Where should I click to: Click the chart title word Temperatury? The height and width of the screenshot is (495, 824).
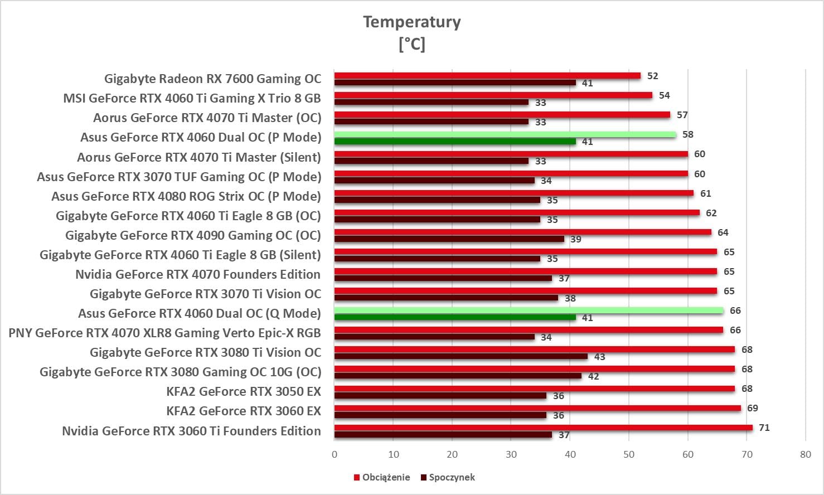click(x=412, y=22)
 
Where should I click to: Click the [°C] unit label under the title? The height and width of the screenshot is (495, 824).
click(x=412, y=44)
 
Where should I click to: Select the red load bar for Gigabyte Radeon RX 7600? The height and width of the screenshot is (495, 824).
click(x=487, y=76)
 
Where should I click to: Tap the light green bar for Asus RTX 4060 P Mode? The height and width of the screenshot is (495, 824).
click(x=505, y=134)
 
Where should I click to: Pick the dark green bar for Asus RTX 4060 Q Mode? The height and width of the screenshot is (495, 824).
click(x=455, y=317)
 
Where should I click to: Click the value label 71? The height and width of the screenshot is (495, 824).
click(x=764, y=428)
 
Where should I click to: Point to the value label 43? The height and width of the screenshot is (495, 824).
click(x=599, y=357)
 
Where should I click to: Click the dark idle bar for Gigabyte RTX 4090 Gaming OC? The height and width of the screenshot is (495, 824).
click(x=449, y=239)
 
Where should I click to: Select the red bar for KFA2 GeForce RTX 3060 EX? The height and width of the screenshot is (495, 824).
click(x=537, y=408)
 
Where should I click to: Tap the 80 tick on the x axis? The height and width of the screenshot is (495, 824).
click(x=805, y=454)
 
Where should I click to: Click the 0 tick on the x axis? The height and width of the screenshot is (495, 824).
click(x=335, y=454)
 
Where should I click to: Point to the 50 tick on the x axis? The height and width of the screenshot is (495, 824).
click(x=629, y=454)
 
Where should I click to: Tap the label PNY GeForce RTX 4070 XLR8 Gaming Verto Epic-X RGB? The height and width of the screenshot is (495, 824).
click(x=165, y=333)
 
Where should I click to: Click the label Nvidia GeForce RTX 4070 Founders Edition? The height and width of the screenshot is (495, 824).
click(x=198, y=274)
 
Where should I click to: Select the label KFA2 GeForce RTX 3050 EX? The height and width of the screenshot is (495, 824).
click(x=244, y=391)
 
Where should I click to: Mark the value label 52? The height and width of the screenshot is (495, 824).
click(x=652, y=76)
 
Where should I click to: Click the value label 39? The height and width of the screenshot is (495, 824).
click(x=576, y=239)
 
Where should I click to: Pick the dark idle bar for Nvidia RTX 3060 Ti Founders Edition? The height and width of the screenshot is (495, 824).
click(x=443, y=435)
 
